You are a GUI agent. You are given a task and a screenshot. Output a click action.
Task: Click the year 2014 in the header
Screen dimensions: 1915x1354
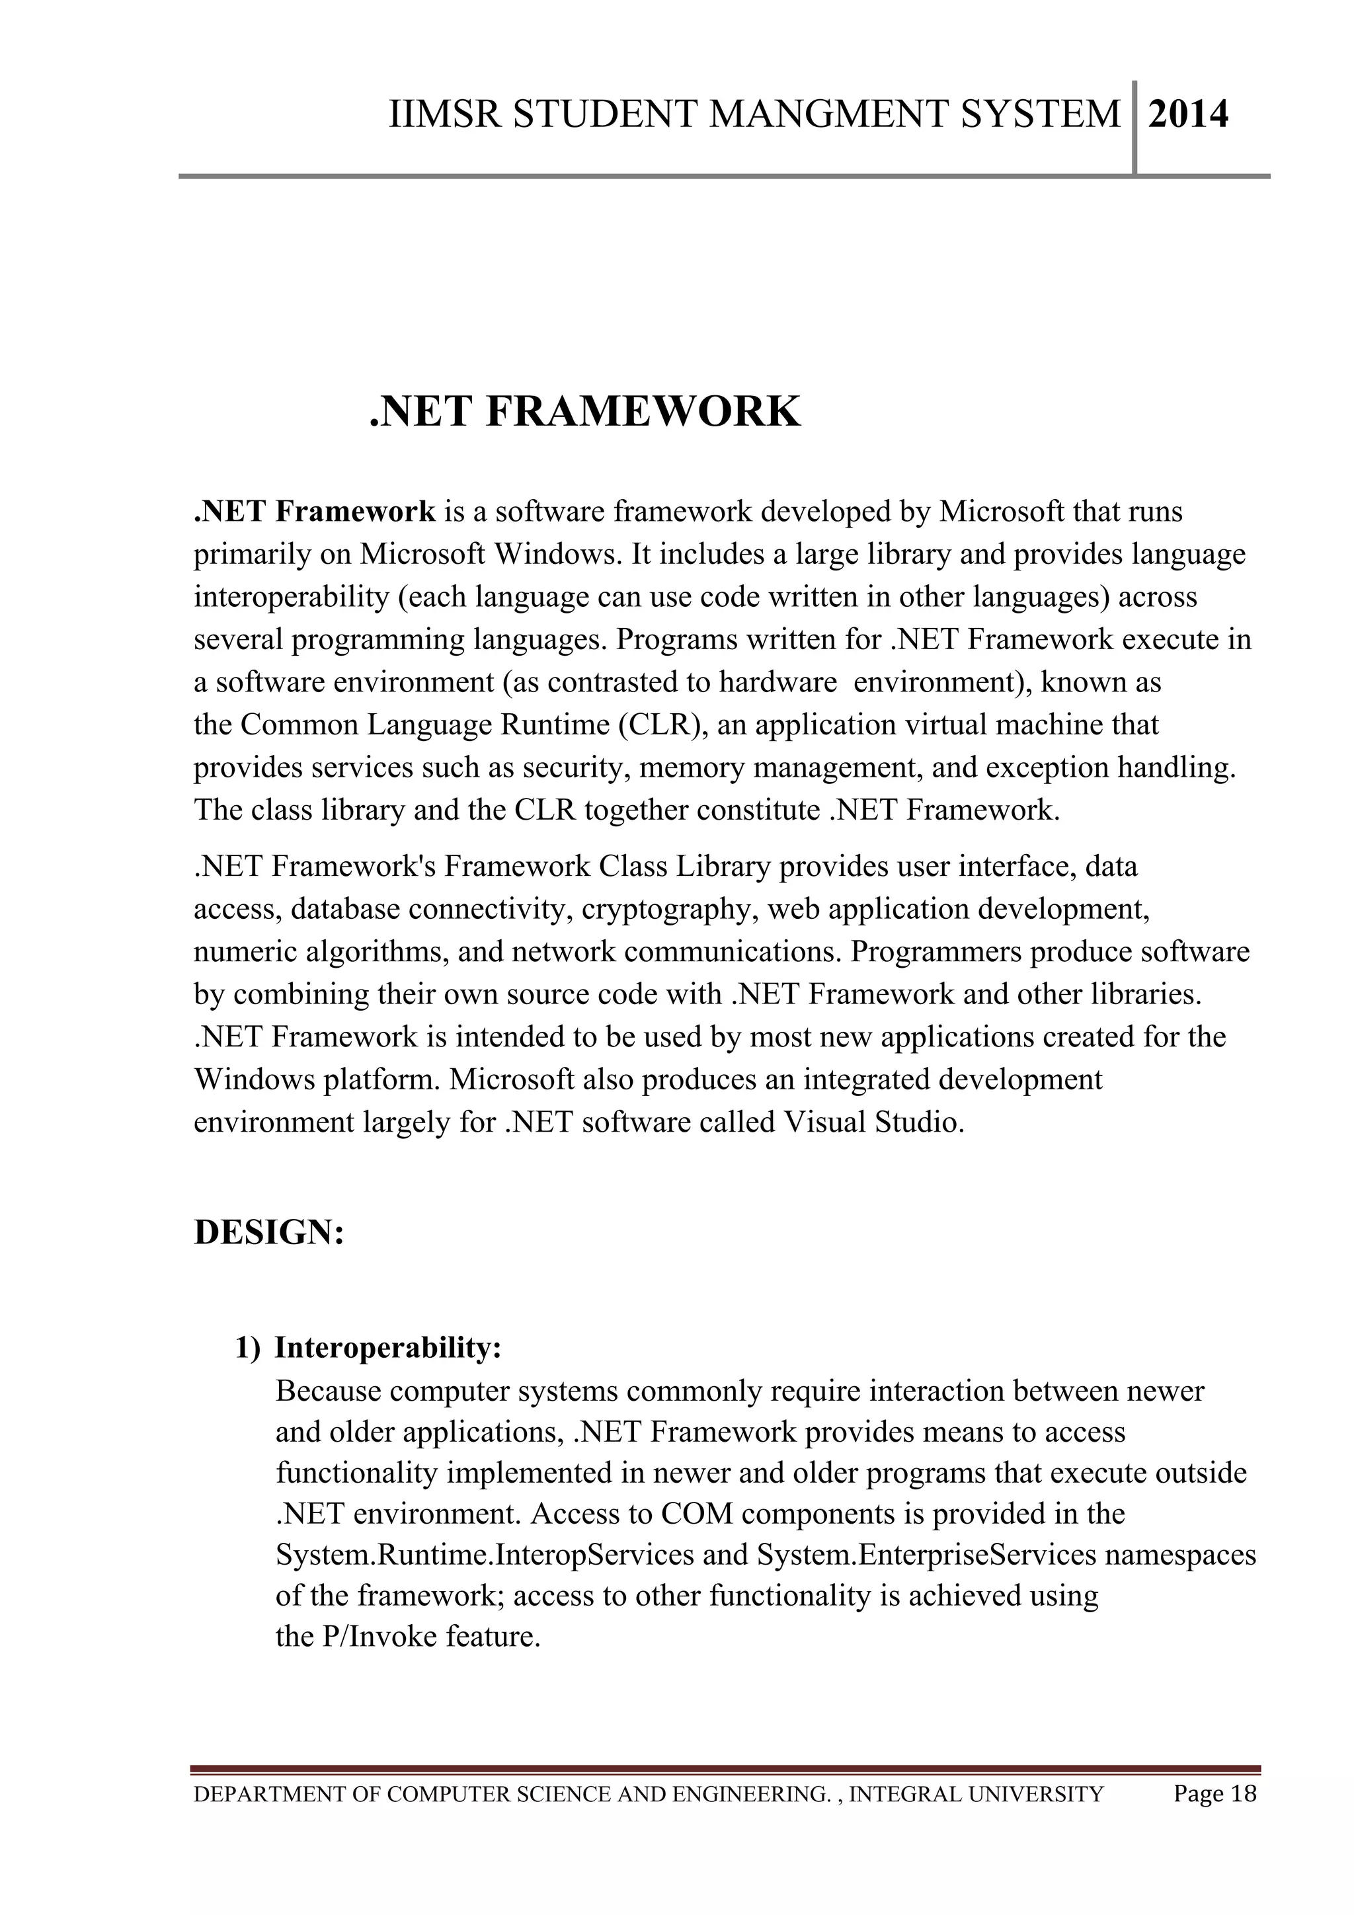pos(1187,114)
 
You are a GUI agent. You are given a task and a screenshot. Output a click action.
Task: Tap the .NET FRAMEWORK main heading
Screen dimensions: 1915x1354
pos(585,412)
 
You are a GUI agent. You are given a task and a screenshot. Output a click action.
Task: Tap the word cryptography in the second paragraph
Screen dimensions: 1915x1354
pos(669,908)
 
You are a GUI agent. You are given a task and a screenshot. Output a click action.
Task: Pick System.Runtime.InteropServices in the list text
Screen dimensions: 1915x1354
pos(485,1555)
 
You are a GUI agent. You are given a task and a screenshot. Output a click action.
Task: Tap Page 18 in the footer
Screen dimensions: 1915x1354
pos(1214,1793)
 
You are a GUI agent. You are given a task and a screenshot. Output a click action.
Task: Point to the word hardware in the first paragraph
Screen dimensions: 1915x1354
pos(777,682)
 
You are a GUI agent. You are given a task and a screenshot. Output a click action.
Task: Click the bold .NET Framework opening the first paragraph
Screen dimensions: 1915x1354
pos(315,511)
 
